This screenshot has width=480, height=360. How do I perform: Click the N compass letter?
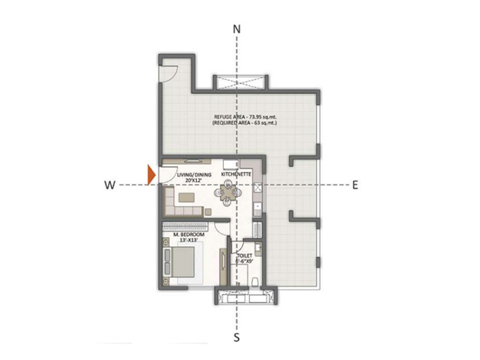[x=236, y=29]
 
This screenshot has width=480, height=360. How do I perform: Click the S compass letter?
[x=236, y=338]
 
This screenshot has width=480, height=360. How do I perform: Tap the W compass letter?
[x=110, y=185]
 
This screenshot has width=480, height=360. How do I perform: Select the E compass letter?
[x=355, y=185]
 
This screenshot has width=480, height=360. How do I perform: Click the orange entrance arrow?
[x=152, y=175]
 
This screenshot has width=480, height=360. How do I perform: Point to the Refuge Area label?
[x=245, y=119]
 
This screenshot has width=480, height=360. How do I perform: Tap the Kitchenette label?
[x=236, y=174]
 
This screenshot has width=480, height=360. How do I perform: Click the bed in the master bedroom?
[x=183, y=263]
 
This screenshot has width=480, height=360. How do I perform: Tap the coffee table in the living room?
[x=187, y=197]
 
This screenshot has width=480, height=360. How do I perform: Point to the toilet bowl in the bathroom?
[x=254, y=282]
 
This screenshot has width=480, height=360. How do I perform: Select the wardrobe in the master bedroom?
[x=185, y=226]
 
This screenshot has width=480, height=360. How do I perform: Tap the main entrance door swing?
[x=169, y=175]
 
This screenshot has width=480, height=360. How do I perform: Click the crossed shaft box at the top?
[x=241, y=83]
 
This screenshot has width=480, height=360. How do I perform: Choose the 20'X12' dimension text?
[x=193, y=181]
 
